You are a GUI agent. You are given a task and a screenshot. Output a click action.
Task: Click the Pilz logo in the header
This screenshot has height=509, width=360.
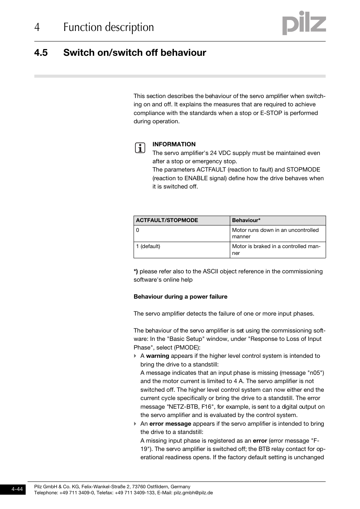point(304,23)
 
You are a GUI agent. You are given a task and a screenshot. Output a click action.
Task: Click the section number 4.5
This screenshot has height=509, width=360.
point(41,53)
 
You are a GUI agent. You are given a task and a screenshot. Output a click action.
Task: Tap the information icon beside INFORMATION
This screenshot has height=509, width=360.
point(140,148)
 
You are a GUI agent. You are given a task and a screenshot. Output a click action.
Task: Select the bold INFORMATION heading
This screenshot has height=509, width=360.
point(174,144)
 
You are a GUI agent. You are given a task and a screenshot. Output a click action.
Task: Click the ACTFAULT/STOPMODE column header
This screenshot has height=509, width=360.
point(167,220)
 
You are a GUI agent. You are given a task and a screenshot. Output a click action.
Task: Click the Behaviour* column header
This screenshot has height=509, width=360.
point(246,220)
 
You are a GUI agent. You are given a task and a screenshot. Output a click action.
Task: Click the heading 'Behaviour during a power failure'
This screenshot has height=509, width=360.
point(180,297)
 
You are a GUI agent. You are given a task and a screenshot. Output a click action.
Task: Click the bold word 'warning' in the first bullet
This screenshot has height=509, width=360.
point(157,356)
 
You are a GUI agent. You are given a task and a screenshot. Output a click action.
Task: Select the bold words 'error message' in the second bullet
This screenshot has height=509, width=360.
point(170,424)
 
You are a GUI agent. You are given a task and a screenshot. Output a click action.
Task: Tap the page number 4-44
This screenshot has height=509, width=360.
point(17,489)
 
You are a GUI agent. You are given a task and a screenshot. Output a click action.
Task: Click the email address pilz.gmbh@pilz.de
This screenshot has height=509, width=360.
point(193,492)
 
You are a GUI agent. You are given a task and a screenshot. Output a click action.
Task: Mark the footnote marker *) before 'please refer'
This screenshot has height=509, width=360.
point(136,271)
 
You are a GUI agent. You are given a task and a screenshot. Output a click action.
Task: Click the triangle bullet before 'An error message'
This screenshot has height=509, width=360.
point(135,424)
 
